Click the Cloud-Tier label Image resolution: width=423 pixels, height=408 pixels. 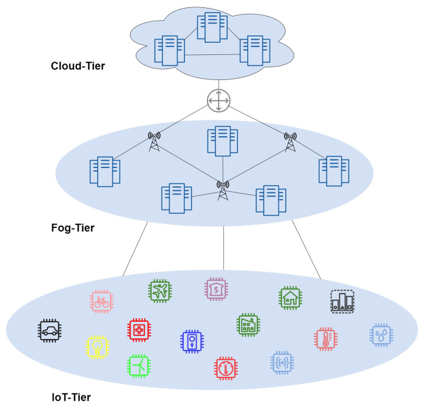click(x=78, y=66)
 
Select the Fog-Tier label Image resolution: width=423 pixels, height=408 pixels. click(x=73, y=228)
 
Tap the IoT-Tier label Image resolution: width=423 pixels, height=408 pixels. click(x=71, y=397)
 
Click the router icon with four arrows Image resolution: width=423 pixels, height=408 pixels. click(x=219, y=101)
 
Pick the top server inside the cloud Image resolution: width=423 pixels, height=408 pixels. click(x=212, y=27)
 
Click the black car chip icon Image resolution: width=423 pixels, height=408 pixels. click(x=49, y=330)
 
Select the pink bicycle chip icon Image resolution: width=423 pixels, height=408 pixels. click(x=101, y=302)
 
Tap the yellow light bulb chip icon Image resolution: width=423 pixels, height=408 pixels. click(x=98, y=347)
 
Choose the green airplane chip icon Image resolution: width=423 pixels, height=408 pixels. click(x=160, y=291)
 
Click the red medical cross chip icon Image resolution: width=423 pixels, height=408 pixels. click(x=139, y=330)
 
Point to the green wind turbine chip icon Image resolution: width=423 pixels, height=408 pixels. click(x=139, y=366)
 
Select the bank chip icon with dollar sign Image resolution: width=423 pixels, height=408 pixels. click(x=216, y=289)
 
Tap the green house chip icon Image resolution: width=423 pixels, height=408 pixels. click(x=291, y=298)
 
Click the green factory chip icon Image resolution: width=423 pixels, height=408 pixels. click(x=248, y=325)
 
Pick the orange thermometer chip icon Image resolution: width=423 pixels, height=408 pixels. click(x=325, y=339)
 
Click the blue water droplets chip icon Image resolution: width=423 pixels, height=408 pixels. click(x=381, y=335)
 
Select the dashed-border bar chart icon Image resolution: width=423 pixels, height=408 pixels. click(x=342, y=302)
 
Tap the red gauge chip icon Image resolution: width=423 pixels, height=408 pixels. click(x=226, y=368)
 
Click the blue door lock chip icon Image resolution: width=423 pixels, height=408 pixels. click(x=192, y=341)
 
